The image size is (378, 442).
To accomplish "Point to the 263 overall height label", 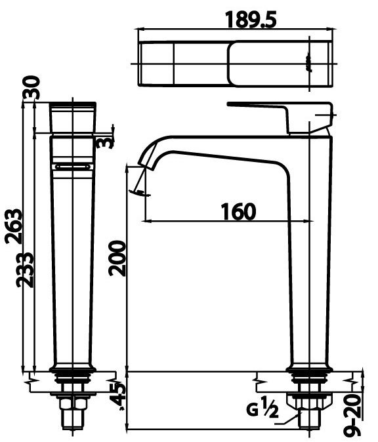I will [x=14, y=226].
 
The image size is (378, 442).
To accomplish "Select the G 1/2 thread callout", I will [x=263, y=411].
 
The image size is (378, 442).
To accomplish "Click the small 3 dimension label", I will [x=102, y=142].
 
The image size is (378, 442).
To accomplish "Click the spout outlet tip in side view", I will [x=142, y=184].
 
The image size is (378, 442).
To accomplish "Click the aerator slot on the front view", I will [x=73, y=167].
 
